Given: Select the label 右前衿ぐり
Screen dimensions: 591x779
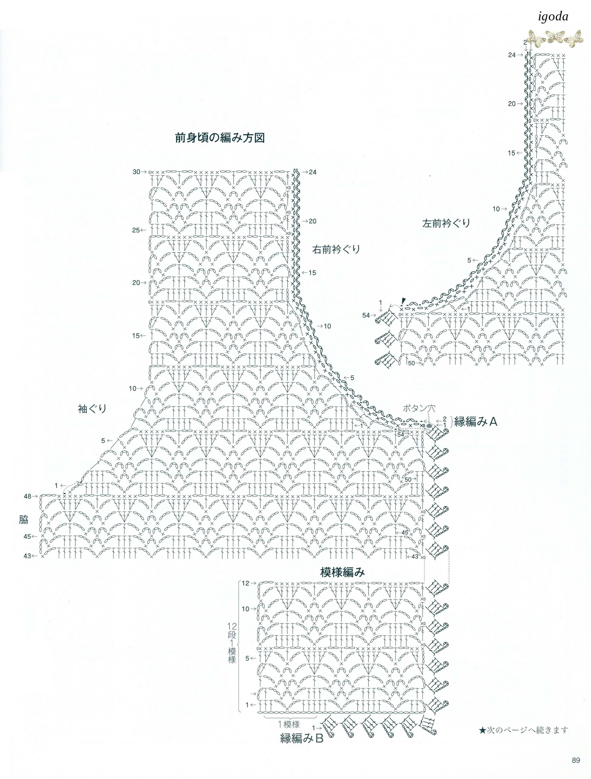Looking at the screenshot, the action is click(336, 249).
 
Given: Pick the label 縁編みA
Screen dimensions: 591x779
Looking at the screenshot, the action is click(475, 421).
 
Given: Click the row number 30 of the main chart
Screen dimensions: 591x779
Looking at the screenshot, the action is click(136, 172).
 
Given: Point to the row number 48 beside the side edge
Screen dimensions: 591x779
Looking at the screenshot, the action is click(28, 496).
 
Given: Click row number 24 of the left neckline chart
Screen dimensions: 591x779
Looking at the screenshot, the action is click(512, 55).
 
